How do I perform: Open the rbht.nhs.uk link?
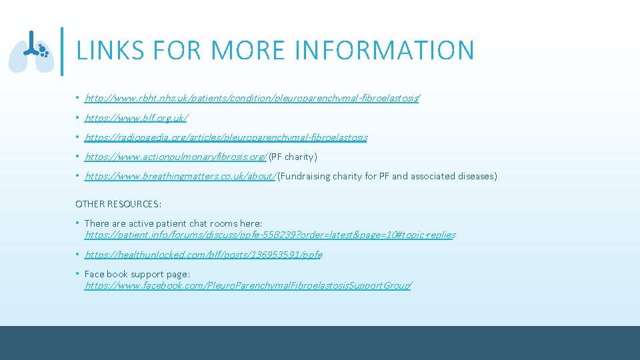point(252,99)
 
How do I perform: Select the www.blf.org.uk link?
point(136,118)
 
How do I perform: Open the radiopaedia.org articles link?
point(226,137)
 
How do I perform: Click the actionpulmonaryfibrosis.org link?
point(175,157)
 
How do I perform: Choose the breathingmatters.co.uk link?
point(180,176)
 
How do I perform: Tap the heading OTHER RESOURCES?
point(119,203)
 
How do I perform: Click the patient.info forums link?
point(270,235)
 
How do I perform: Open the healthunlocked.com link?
point(203,255)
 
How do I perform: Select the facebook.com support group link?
point(248,285)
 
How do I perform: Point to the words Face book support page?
point(137,274)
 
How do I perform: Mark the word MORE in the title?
point(231,51)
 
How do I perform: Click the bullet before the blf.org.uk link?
point(78,118)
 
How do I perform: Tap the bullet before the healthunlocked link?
point(78,255)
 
